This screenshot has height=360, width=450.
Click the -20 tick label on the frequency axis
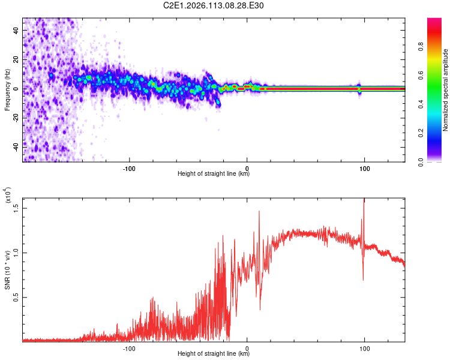[17, 118]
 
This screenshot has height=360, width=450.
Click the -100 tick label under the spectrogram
[130, 167]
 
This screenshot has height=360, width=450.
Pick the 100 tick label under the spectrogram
[364, 167]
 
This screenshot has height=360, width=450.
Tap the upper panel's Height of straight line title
[214, 174]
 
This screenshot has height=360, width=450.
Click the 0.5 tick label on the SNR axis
[16, 296]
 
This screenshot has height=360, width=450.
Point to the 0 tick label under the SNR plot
[247, 347]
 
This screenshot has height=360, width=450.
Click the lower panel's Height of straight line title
[214, 353]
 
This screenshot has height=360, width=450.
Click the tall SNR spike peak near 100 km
[364, 200]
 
